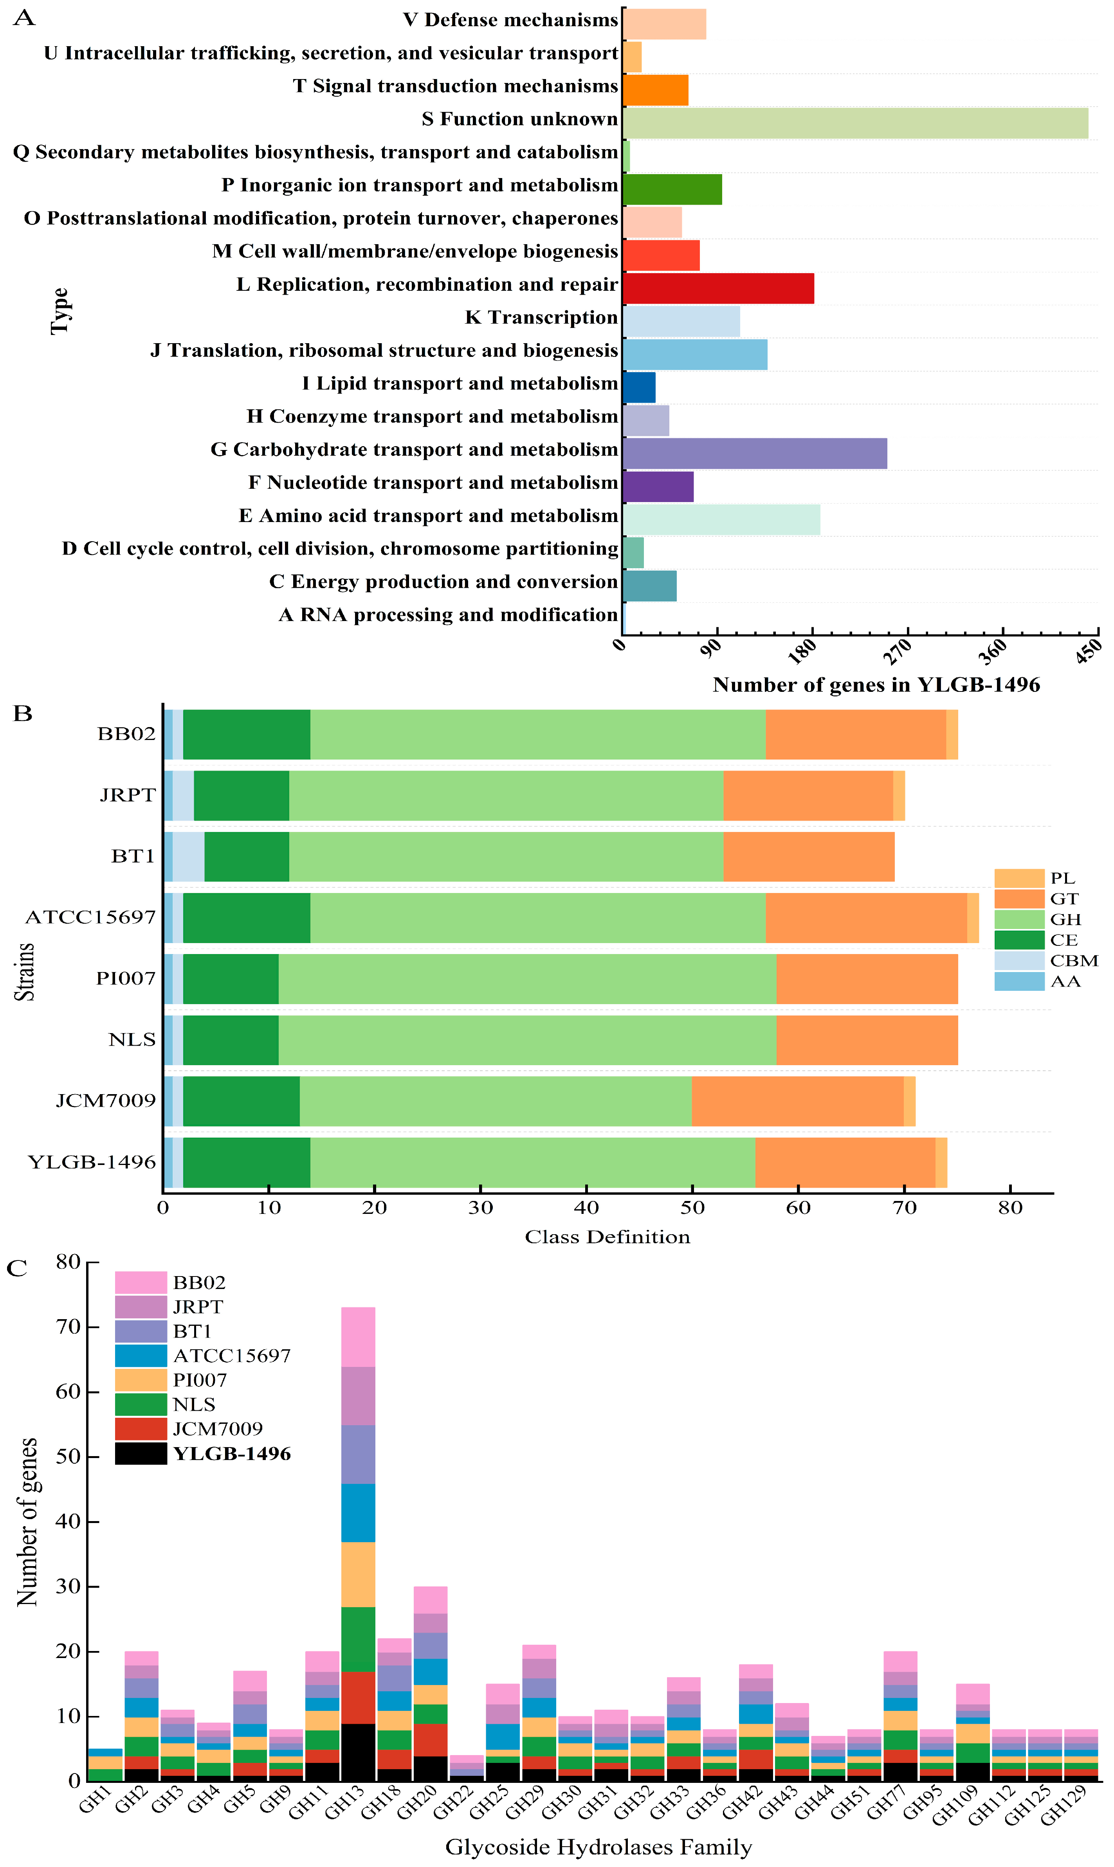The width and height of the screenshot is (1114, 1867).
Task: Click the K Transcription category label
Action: point(541,317)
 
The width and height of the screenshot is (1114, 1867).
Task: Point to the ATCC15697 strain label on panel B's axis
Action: point(91,917)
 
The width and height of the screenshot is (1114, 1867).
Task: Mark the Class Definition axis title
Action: point(607,1237)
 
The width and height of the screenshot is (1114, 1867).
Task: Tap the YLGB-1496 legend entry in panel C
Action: point(203,1453)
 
